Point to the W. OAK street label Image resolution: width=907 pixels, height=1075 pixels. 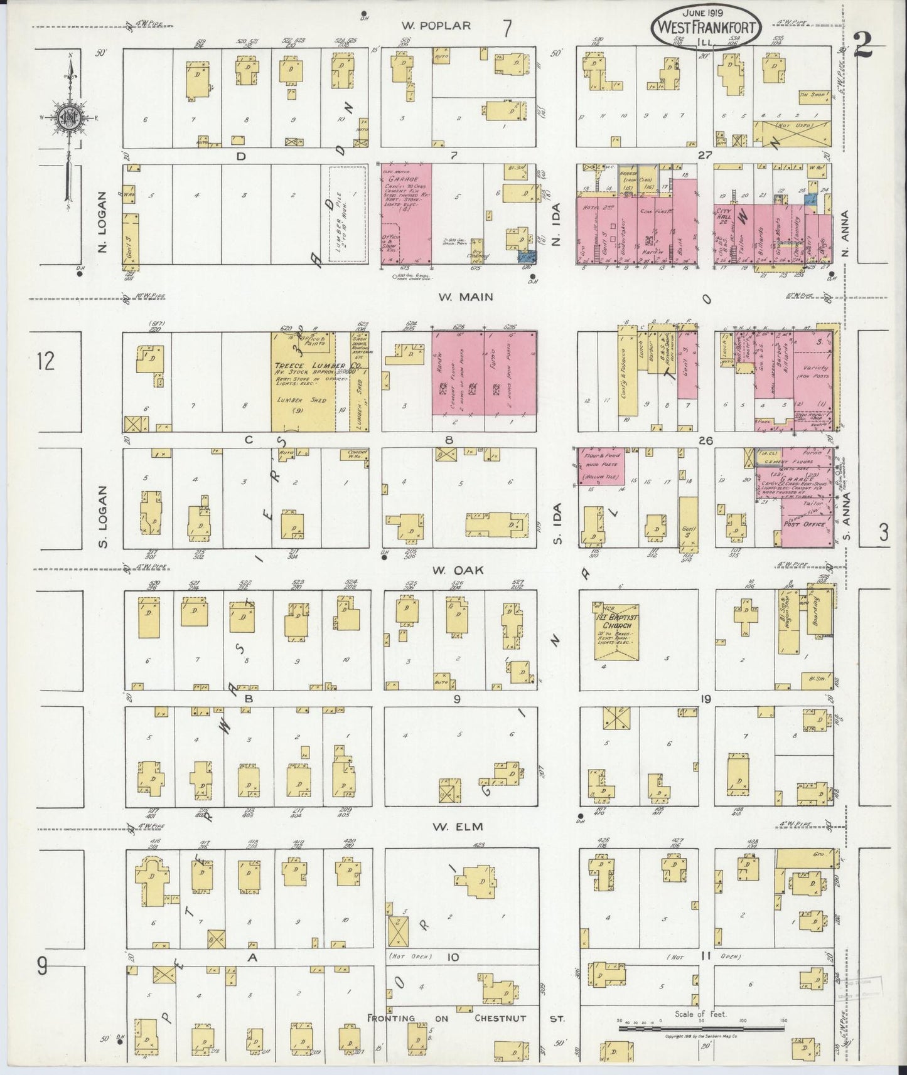point(448,570)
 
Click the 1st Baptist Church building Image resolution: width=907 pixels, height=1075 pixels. point(616,632)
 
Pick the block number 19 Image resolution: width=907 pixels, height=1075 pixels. point(706,698)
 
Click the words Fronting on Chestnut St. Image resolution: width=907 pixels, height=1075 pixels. point(466,1018)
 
